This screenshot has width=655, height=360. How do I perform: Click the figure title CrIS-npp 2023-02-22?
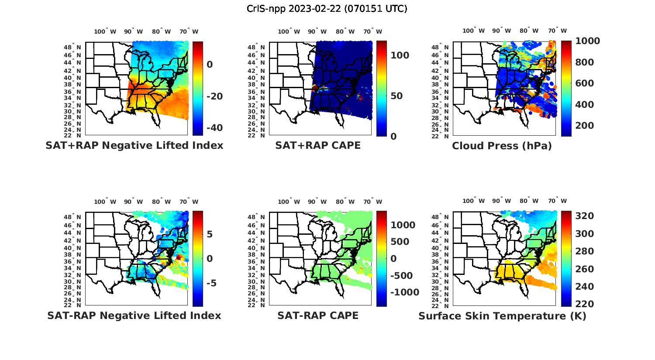tap(327, 9)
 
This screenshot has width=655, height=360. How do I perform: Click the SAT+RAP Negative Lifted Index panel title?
tap(134, 145)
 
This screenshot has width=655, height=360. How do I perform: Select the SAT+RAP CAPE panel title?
tap(318, 145)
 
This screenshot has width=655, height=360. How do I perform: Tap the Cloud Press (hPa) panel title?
tap(502, 146)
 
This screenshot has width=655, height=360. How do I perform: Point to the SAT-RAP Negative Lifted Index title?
tap(134, 315)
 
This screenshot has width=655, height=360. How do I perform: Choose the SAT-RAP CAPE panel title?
tap(318, 315)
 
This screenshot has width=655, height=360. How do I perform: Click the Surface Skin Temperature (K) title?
tap(502, 316)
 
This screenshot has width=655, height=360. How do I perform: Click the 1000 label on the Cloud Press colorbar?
tap(587, 41)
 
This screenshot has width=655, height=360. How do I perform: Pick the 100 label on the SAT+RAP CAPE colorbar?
tap(400, 55)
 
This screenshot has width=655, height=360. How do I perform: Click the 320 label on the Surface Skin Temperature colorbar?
tap(584, 216)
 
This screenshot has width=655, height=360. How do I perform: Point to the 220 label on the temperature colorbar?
tap(584, 304)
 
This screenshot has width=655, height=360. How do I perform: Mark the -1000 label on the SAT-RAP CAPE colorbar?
tap(404, 292)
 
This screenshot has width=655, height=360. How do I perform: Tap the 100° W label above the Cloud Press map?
tap(474, 31)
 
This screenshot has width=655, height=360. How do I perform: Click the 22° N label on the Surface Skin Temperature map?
tap(444, 305)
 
